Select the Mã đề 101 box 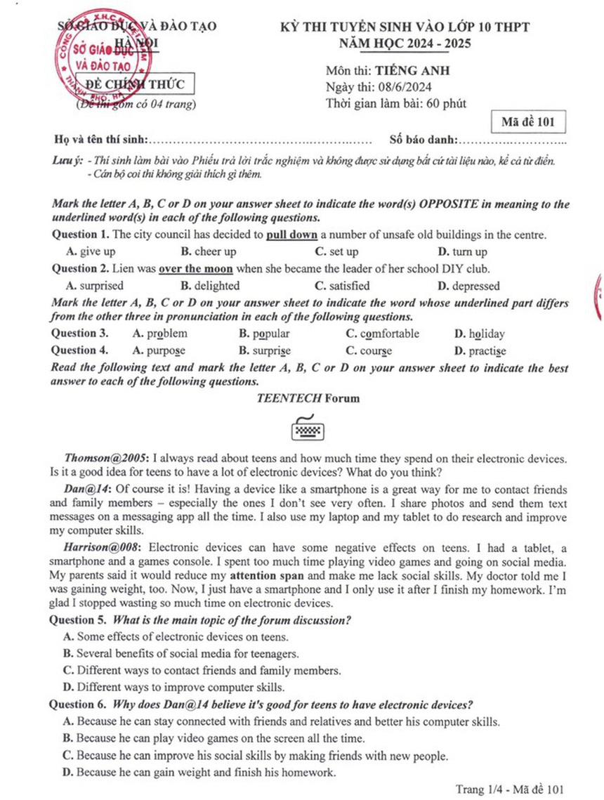point(528,122)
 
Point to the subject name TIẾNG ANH point(412,70)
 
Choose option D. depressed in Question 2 point(468,286)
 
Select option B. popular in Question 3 point(264,334)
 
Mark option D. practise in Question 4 point(480,350)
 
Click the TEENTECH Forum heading point(308,398)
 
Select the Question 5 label point(77,620)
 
